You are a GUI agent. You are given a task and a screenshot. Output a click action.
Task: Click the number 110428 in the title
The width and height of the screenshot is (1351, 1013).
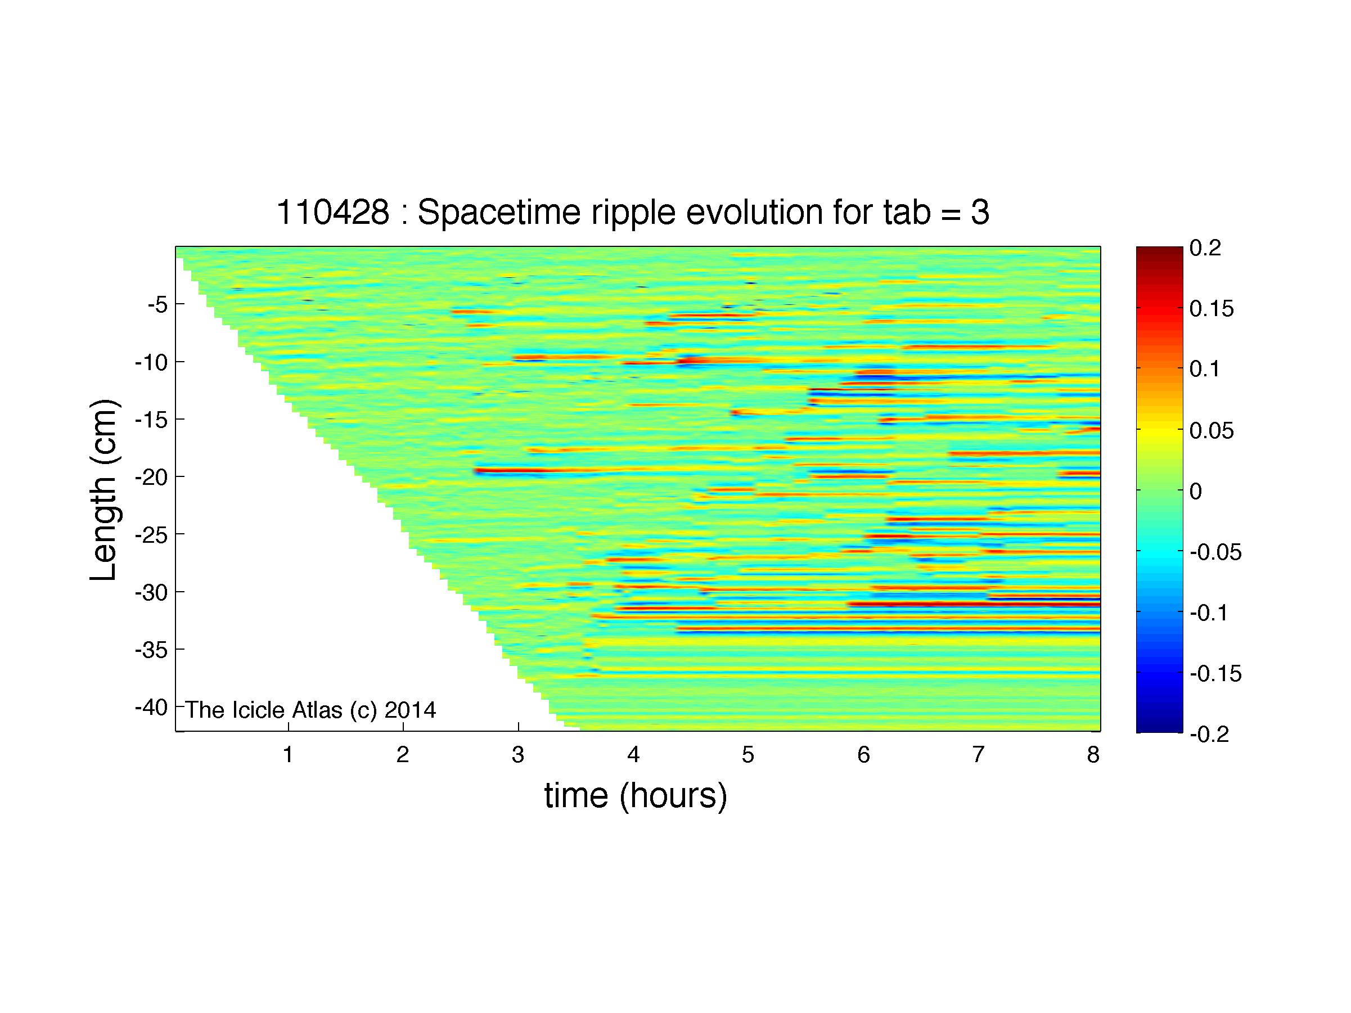pyautogui.click(x=333, y=213)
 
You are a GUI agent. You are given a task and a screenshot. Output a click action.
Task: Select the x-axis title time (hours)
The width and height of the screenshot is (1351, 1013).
pyautogui.click(x=636, y=797)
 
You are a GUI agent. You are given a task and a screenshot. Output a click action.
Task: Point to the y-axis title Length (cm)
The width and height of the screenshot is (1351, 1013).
pyautogui.click(x=103, y=490)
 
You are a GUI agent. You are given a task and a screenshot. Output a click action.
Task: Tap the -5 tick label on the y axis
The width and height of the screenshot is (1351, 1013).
pyautogui.click(x=157, y=304)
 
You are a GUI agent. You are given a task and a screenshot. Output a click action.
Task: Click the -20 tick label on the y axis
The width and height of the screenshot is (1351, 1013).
pyautogui.click(x=151, y=477)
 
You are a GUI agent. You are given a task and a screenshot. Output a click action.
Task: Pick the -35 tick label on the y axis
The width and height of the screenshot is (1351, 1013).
pyautogui.click(x=151, y=649)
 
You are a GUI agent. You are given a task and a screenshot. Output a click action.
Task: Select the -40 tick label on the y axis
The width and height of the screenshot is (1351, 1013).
pyautogui.click(x=151, y=707)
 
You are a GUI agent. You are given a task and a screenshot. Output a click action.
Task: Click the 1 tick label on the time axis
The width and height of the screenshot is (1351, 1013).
pyautogui.click(x=287, y=755)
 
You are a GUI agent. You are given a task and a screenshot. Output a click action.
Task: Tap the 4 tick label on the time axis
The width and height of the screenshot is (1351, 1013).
pyautogui.click(x=633, y=755)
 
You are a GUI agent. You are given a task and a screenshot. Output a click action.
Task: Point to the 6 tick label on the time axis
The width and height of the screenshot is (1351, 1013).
pyautogui.click(x=863, y=755)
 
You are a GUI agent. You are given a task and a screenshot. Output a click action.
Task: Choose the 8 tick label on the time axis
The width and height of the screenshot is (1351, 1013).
pyautogui.click(x=1093, y=755)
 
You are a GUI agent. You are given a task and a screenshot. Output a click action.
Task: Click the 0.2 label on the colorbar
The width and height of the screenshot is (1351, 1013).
pyautogui.click(x=1205, y=248)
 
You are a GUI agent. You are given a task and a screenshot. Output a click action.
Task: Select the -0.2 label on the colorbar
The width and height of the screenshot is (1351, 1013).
pyautogui.click(x=1209, y=734)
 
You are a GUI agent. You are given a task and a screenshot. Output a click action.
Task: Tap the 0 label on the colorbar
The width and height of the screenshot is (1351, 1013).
pyautogui.click(x=1196, y=491)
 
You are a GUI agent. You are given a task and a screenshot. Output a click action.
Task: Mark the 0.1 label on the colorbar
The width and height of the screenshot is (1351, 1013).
pyautogui.click(x=1204, y=370)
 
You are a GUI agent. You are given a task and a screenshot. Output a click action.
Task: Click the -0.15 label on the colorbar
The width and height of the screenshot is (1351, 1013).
pyautogui.click(x=1216, y=673)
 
